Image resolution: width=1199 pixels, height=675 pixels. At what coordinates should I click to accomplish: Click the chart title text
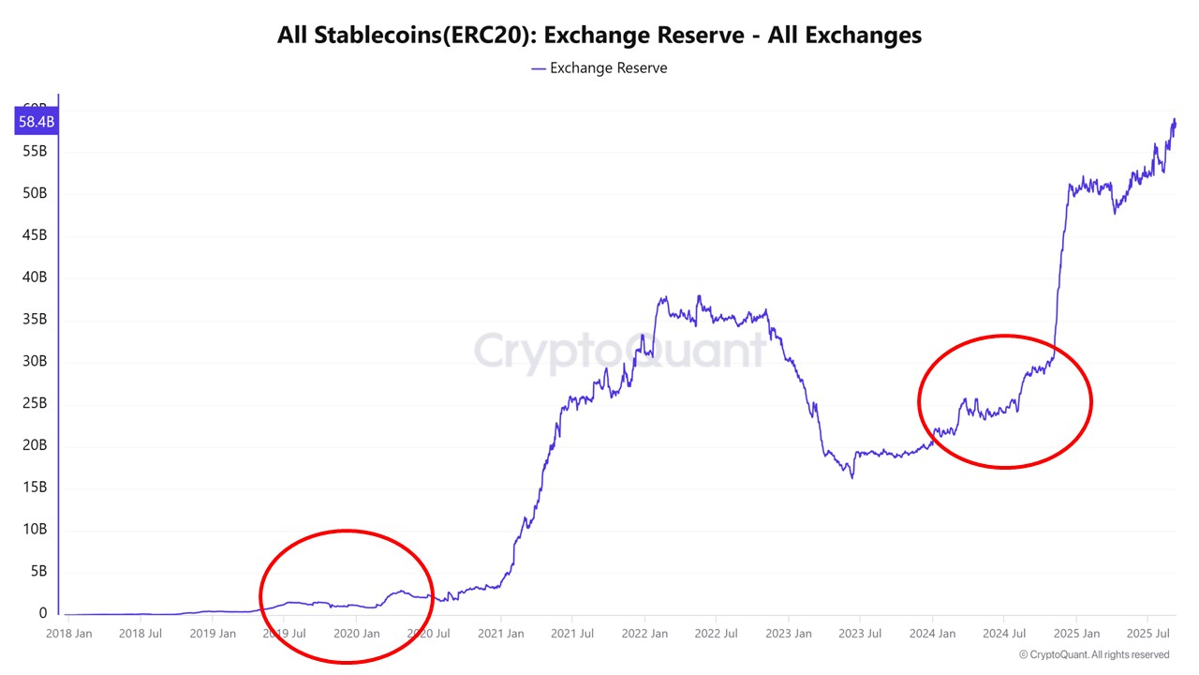(x=599, y=36)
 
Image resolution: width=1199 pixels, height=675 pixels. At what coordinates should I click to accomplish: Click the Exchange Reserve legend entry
(x=599, y=68)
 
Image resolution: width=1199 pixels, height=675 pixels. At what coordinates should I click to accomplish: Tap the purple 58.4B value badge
(x=37, y=122)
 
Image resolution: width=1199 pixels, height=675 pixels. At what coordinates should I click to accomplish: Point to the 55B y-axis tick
(x=36, y=151)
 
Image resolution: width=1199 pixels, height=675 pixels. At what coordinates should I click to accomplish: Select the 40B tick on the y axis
(x=36, y=277)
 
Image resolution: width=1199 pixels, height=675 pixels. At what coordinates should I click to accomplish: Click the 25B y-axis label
(x=36, y=404)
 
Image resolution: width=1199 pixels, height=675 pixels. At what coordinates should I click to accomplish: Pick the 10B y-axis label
(x=36, y=530)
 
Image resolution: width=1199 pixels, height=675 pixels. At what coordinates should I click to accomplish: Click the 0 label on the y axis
(x=43, y=614)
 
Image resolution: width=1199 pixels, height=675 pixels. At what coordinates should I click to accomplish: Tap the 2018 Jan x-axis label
(x=69, y=634)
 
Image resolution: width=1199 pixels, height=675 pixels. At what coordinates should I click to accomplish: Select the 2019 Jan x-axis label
(x=213, y=634)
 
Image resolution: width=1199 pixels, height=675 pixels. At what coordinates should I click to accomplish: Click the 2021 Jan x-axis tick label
(x=500, y=634)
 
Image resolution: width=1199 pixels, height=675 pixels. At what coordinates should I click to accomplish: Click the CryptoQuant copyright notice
(x=1093, y=654)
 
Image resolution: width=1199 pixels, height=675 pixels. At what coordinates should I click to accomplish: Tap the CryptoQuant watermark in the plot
(x=619, y=352)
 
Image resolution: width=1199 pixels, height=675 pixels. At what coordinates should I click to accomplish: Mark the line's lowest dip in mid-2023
(x=852, y=477)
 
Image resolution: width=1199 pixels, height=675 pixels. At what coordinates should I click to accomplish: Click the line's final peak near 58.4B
(x=1175, y=120)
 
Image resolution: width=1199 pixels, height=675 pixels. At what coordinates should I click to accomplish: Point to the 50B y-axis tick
(x=36, y=193)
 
